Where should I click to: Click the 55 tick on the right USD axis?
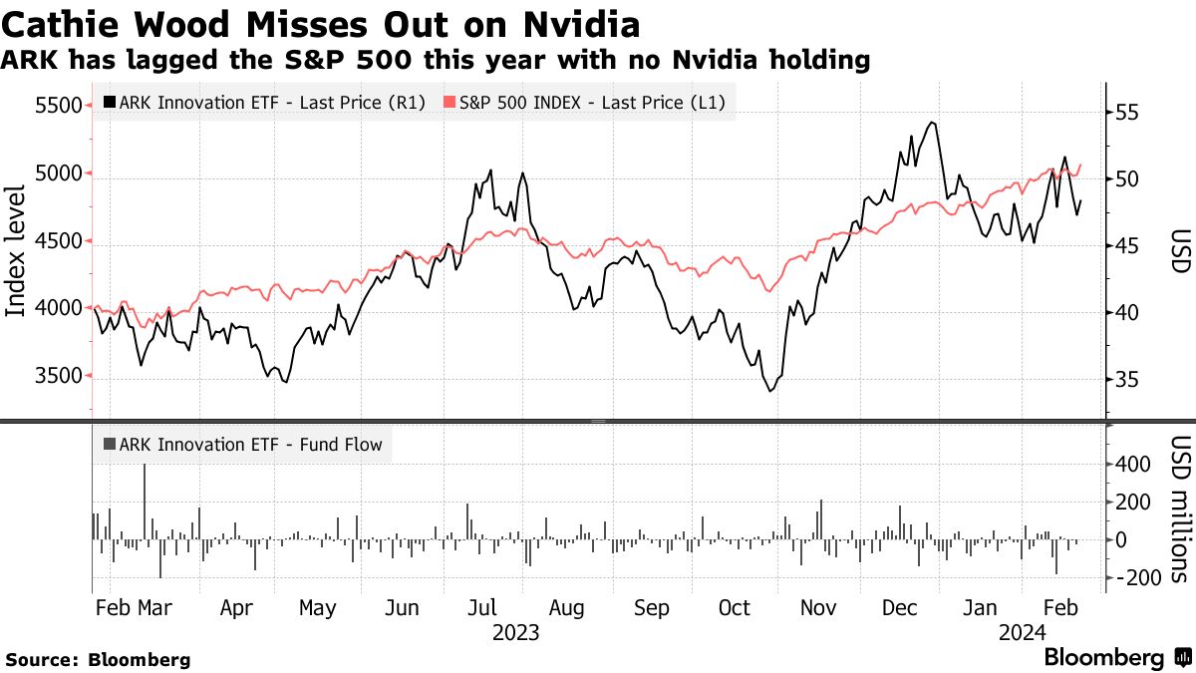click(x=1126, y=113)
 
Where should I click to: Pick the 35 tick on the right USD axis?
click(x=1126, y=380)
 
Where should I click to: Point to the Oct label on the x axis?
click(x=735, y=608)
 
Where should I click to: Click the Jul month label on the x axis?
click(x=483, y=608)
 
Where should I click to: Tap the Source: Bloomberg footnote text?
click(x=98, y=659)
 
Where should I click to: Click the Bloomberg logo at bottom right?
click(x=1114, y=658)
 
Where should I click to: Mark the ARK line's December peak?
click(x=931, y=123)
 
